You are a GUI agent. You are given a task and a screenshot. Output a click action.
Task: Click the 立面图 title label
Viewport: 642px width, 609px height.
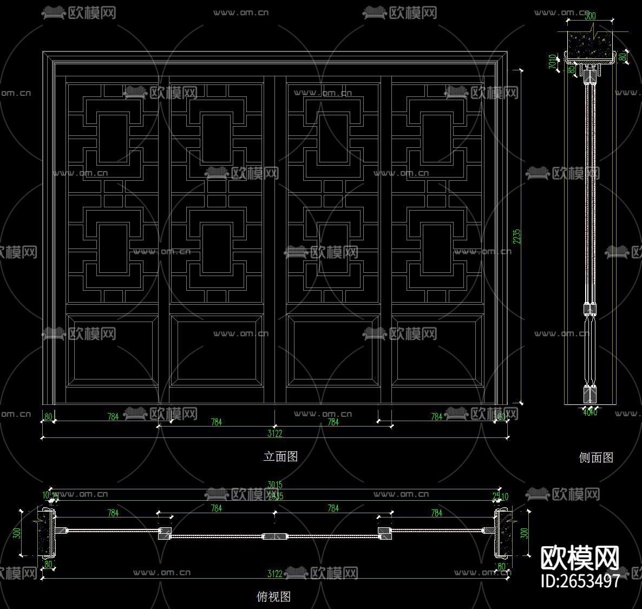[280, 456]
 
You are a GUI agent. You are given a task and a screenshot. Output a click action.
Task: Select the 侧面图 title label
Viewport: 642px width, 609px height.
[596, 457]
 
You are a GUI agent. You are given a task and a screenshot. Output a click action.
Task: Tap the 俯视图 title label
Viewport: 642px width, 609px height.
[273, 597]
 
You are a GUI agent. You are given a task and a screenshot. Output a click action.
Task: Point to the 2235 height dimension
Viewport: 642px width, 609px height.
[516, 236]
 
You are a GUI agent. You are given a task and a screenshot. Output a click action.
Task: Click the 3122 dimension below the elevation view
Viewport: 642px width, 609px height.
[275, 433]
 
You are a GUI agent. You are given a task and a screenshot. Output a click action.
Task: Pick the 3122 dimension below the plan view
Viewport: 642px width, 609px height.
[275, 574]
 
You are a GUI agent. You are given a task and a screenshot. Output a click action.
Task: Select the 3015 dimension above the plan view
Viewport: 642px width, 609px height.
[275, 485]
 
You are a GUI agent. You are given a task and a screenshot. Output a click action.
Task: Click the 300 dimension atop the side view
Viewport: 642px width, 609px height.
[590, 16]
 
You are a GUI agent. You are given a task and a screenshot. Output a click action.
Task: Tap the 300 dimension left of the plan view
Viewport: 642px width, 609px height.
[17, 533]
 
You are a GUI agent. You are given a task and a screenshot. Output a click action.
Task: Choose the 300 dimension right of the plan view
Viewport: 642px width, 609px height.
[523, 533]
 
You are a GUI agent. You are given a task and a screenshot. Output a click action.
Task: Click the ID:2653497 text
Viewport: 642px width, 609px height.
[580, 581]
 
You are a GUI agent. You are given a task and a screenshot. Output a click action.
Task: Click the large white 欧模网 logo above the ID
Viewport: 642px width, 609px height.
[580, 558]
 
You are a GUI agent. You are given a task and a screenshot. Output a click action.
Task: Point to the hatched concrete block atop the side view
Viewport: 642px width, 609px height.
[590, 43]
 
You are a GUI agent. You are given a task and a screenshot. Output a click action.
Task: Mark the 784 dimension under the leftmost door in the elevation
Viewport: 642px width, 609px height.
[113, 417]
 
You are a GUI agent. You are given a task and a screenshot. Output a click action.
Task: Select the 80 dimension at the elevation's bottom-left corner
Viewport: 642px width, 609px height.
[48, 417]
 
